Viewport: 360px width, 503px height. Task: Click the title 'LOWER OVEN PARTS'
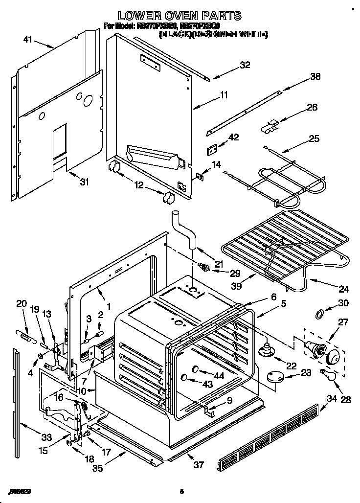[x=180, y=16]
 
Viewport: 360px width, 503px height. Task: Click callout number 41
[x=27, y=39]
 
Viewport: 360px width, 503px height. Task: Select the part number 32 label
[x=245, y=64]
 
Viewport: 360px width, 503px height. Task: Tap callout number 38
[x=316, y=76]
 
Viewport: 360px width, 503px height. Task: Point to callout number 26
[x=312, y=107]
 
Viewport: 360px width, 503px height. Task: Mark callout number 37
[x=198, y=464]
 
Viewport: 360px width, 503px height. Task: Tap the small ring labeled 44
[x=195, y=368]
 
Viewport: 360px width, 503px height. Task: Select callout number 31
[x=84, y=183]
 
